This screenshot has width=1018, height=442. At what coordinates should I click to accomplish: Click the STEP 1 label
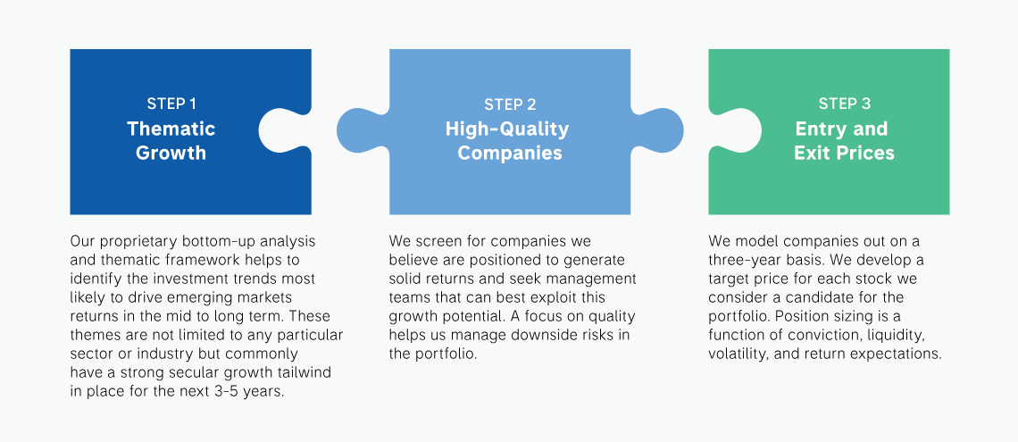[x=171, y=104]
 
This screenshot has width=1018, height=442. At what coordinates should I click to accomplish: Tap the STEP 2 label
[x=510, y=104]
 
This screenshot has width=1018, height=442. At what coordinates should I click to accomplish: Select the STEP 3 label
[x=845, y=104]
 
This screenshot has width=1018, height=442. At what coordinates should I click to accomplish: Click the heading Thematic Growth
[x=171, y=141]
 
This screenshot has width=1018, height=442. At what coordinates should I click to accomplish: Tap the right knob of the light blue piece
[x=656, y=129]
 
